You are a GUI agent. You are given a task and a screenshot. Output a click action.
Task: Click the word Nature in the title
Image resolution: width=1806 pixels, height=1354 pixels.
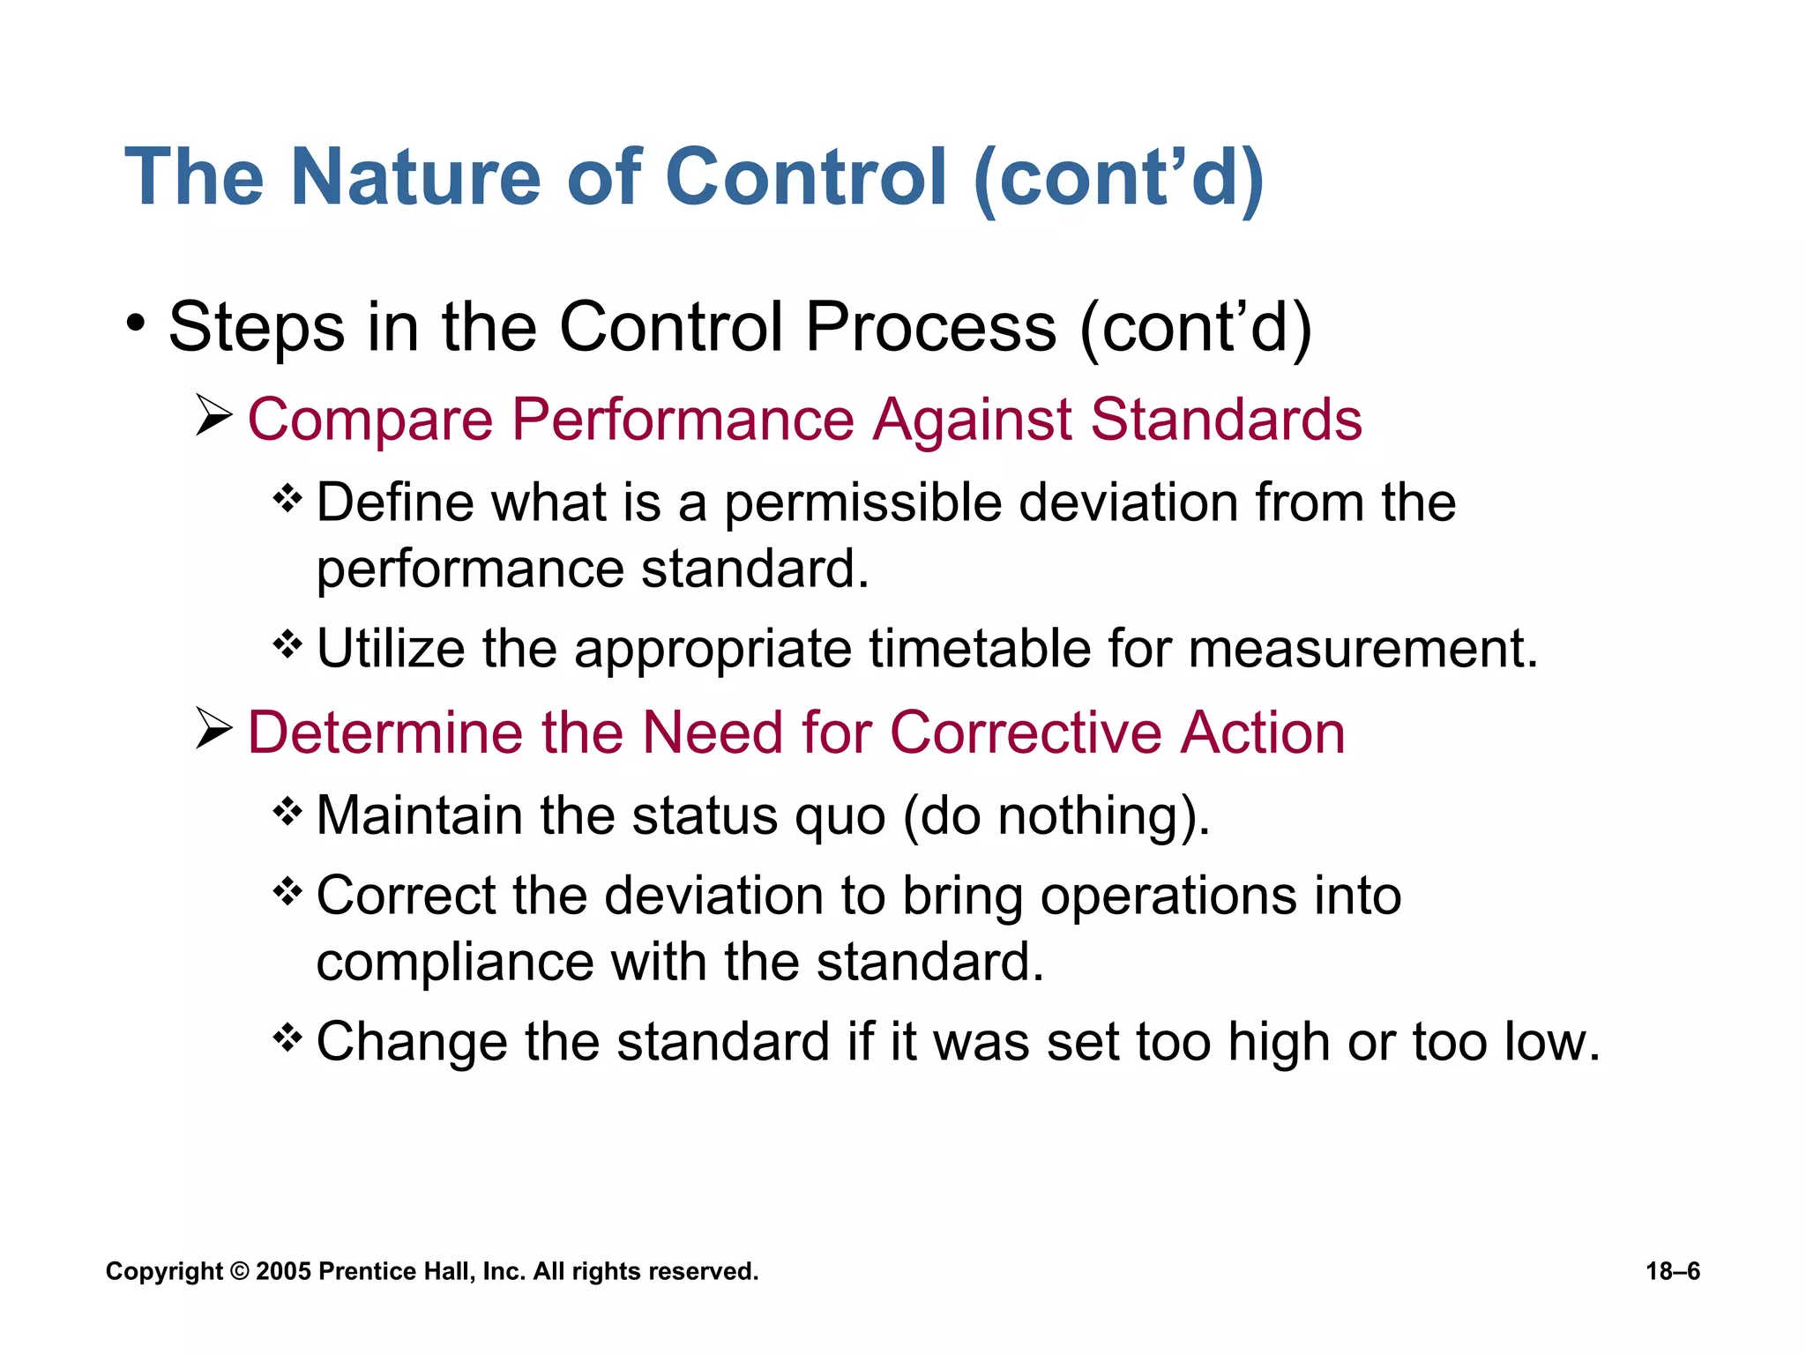coord(414,177)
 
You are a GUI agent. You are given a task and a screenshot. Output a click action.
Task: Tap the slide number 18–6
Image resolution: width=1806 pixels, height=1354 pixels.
coord(1672,1271)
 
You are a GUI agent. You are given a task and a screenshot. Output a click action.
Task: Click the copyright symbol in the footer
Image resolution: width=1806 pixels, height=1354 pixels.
coord(239,1271)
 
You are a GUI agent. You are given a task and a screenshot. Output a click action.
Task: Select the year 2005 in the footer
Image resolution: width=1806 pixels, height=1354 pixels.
coord(283,1271)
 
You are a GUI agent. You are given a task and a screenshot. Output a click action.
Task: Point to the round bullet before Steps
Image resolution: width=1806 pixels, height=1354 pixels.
coord(135,324)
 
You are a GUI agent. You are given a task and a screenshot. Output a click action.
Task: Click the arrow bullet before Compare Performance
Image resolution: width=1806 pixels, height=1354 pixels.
coord(213,416)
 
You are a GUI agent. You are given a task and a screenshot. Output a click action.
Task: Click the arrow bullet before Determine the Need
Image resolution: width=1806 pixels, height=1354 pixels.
coord(213,729)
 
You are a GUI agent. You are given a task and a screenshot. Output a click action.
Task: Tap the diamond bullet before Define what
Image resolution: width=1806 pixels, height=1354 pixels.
coord(287,499)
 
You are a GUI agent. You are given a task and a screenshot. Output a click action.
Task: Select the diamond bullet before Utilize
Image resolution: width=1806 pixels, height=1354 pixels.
coord(287,645)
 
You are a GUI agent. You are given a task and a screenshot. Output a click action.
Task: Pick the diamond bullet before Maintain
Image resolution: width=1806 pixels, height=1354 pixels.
coord(287,811)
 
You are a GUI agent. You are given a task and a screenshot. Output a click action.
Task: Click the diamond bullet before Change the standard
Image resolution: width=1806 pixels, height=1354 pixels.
coord(287,1038)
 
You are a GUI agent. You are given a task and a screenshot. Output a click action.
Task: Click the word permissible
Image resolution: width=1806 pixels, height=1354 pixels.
coord(863,504)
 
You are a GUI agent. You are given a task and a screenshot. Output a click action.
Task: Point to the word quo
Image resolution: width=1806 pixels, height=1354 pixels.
coord(839,816)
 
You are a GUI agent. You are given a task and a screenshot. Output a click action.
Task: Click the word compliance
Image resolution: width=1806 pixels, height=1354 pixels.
coord(454,963)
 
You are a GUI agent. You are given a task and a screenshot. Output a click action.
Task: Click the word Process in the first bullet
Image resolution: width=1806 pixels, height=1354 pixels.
coord(930,328)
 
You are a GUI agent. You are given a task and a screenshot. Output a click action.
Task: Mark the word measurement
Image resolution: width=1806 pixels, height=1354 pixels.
coord(1362,649)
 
